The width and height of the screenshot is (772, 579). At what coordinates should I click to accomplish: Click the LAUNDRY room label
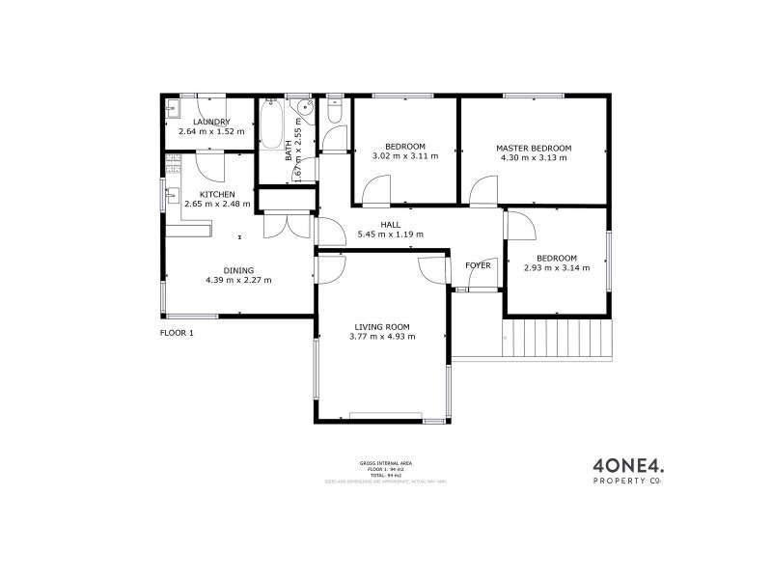pyautogui.click(x=211, y=122)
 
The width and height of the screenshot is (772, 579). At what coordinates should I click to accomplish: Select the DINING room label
pyautogui.click(x=238, y=270)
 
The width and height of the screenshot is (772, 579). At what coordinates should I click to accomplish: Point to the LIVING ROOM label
pyautogui.click(x=382, y=326)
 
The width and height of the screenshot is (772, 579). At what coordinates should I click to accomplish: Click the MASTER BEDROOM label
pyautogui.click(x=534, y=148)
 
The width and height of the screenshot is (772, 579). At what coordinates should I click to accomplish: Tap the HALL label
pyautogui.click(x=390, y=225)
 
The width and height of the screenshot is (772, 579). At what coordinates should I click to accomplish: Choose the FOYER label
pyautogui.click(x=478, y=264)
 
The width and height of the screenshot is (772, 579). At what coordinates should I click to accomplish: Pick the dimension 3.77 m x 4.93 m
pyautogui.click(x=382, y=337)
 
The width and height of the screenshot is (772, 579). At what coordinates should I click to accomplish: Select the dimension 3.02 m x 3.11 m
pyautogui.click(x=405, y=155)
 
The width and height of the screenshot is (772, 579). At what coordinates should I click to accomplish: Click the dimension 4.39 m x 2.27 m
pyautogui.click(x=238, y=281)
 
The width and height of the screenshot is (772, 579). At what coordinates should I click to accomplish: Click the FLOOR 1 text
pyautogui.click(x=177, y=333)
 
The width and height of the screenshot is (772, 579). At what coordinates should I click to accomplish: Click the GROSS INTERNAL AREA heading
pyautogui.click(x=382, y=463)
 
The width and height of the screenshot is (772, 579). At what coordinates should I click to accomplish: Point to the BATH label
pyautogui.click(x=289, y=151)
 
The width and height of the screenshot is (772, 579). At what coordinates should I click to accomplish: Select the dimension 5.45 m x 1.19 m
pyautogui.click(x=390, y=234)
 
